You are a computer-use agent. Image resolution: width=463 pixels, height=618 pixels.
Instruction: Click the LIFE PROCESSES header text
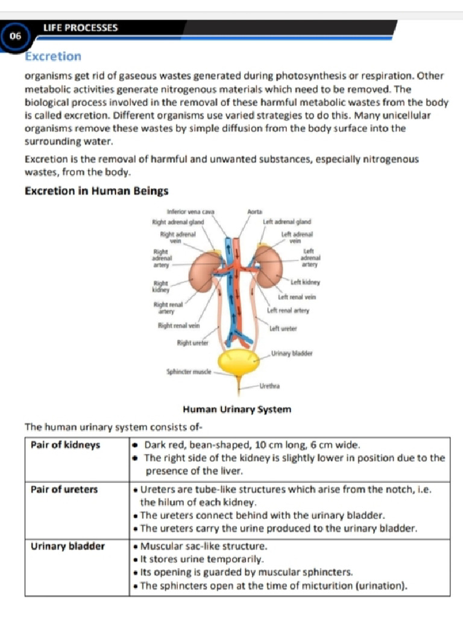coord(80,28)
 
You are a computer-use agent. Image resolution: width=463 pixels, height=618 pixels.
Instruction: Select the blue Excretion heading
coord(53,57)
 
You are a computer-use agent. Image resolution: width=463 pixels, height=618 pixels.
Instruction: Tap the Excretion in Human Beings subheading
coord(96,191)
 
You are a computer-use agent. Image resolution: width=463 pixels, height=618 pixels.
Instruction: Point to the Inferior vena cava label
coord(191,212)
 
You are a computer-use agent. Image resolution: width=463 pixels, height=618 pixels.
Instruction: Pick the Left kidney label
coord(305,282)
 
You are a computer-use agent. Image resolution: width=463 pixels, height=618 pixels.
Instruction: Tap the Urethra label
coord(269,385)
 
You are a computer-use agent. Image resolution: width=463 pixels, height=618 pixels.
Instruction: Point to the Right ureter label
coord(192,343)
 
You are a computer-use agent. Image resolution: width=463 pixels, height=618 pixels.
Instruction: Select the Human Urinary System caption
coord(237,409)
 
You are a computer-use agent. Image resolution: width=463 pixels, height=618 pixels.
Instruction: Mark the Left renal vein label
coord(297,297)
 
